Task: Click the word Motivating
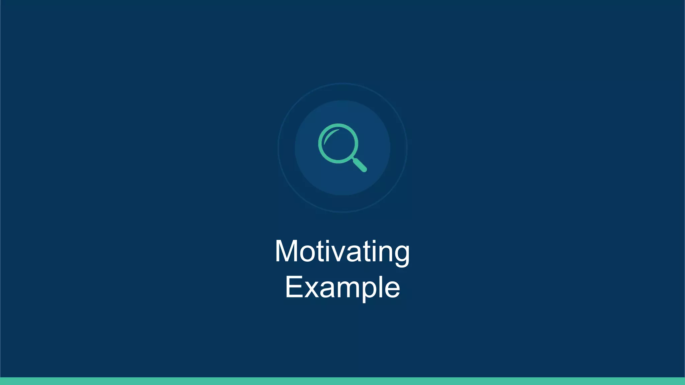(x=342, y=251)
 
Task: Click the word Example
(x=342, y=287)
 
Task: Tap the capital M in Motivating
(x=286, y=251)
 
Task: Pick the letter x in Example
(x=311, y=288)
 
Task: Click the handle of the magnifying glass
(x=360, y=165)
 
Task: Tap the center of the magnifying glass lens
(x=338, y=143)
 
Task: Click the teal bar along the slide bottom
(x=342, y=381)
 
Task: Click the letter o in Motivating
(x=308, y=253)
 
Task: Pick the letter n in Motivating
(x=384, y=253)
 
